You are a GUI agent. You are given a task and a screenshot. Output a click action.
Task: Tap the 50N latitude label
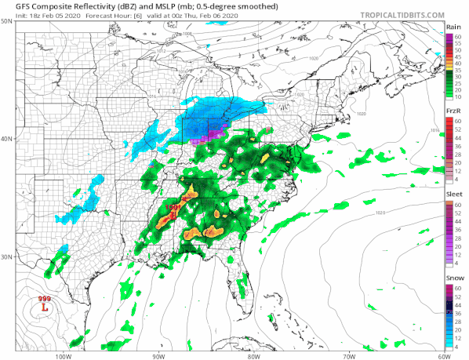(7, 22)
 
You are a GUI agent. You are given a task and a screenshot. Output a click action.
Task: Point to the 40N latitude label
(7, 139)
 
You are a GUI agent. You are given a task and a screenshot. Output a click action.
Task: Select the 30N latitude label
(7, 256)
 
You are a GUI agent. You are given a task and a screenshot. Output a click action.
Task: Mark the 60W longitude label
(444, 355)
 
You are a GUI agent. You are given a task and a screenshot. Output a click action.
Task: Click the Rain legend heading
(453, 27)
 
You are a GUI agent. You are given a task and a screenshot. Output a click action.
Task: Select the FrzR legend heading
(453, 111)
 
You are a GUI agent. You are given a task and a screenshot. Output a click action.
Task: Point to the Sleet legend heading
(453, 195)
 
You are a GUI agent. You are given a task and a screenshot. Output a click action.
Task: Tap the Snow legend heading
(453, 278)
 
